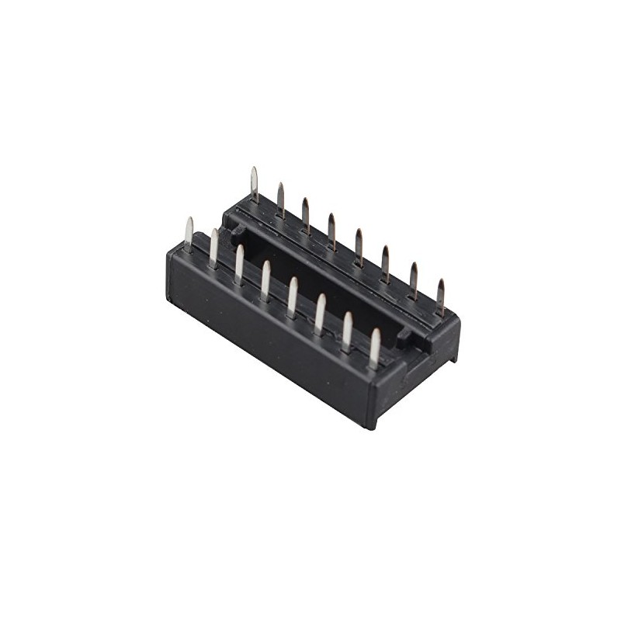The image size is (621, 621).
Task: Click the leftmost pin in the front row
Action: pyautogui.click(x=189, y=234)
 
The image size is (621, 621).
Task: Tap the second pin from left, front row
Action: pyautogui.click(x=213, y=248)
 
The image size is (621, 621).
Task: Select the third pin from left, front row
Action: pyautogui.click(x=239, y=263)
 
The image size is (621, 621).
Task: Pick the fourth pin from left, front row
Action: pyautogui.click(x=265, y=279)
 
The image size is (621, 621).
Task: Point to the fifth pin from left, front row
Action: pyautogui.click(x=293, y=296)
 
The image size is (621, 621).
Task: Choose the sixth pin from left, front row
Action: pyautogui.click(x=320, y=313)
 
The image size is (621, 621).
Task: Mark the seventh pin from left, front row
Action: pyautogui.click(x=347, y=331)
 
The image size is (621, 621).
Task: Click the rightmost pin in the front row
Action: pyautogui.click(x=375, y=348)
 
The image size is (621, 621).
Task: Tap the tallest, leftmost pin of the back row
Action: pyautogui.click(x=254, y=185)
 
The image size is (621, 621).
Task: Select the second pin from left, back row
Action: pyautogui.click(x=280, y=199)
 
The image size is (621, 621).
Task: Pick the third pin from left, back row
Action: pyautogui.click(x=305, y=214)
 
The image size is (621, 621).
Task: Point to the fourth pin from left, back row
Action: pyautogui.click(x=331, y=230)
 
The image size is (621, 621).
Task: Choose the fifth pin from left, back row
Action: pyautogui.click(x=359, y=246)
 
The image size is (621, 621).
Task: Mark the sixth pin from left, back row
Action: pyautogui.click(x=385, y=262)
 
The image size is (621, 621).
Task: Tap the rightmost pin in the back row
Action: pyautogui.click(x=441, y=296)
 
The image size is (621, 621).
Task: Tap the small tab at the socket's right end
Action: pyautogui.click(x=404, y=336)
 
